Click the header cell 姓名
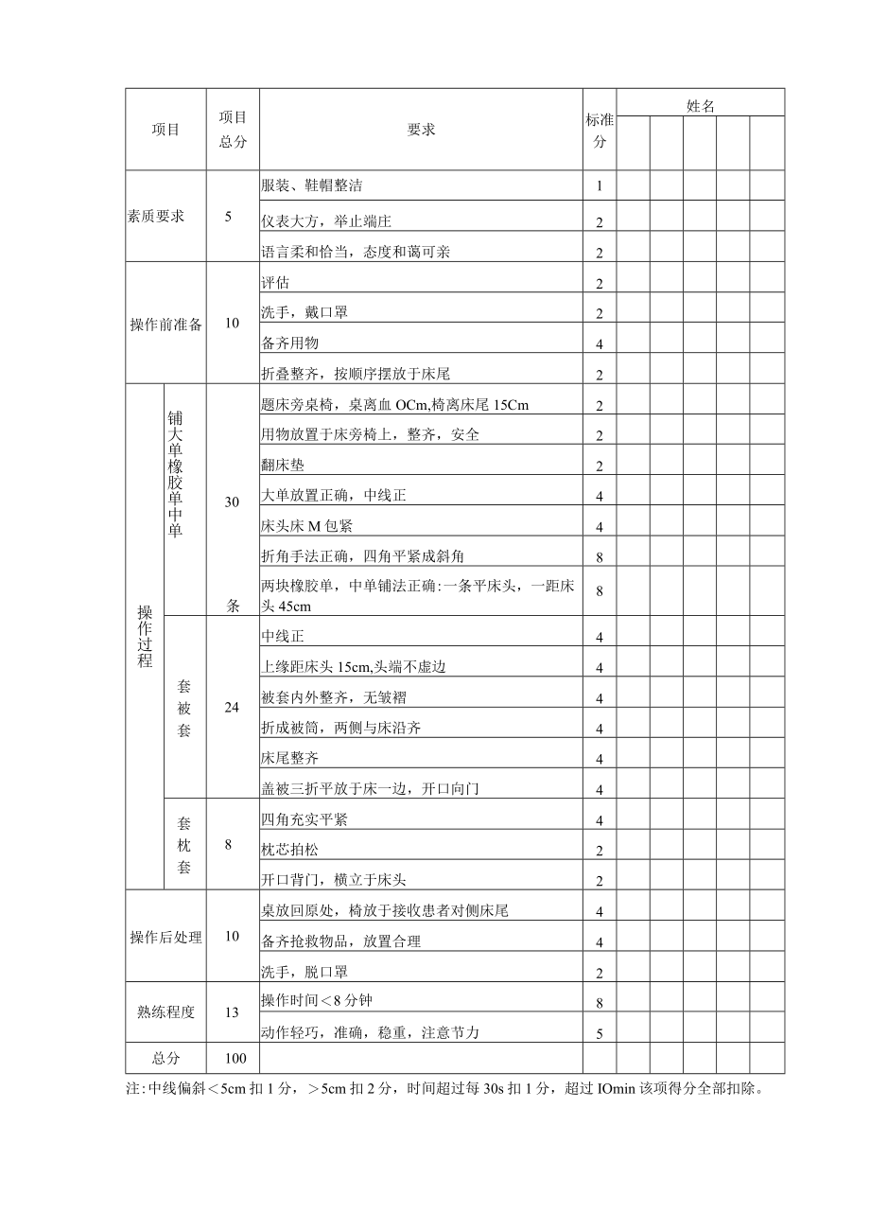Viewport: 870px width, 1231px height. [x=701, y=105]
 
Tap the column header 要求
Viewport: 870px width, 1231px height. [x=421, y=131]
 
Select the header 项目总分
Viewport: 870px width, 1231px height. [x=233, y=130]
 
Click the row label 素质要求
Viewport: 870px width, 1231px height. [x=156, y=216]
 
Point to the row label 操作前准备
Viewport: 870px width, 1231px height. [x=166, y=324]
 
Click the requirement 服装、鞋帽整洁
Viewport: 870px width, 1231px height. [x=311, y=185]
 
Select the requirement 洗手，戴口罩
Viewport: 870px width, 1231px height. [x=304, y=311]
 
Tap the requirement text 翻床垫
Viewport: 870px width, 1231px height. [x=283, y=465]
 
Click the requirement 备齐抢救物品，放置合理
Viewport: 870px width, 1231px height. [x=340, y=941]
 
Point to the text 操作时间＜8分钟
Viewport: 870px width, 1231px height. [x=309, y=1000]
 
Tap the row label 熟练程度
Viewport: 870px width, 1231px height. [x=165, y=1011]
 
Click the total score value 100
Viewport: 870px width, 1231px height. [x=233, y=1058]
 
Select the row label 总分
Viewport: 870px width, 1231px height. [x=165, y=1058]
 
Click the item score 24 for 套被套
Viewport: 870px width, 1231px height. [x=233, y=707]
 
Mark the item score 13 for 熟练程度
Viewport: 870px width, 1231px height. [x=233, y=1011]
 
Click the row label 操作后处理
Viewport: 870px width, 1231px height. [x=165, y=937]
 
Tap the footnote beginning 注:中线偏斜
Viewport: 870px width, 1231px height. [x=444, y=1088]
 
